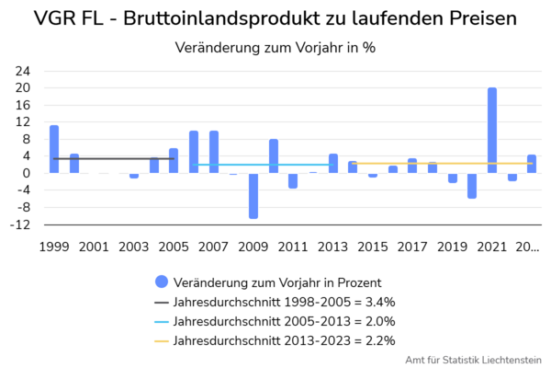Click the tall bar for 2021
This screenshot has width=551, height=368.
pos(492,130)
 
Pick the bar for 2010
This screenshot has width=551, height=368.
pos(274,156)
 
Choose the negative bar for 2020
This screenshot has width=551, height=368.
pos(472,185)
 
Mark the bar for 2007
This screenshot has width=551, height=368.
pos(214,152)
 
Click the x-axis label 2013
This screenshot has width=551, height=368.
pos(333,247)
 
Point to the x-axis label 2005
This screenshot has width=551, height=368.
pos(174,247)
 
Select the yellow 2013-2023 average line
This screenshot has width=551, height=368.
pos(441,164)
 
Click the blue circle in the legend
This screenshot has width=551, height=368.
pos(163,282)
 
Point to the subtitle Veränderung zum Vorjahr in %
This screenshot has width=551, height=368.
pos(275,47)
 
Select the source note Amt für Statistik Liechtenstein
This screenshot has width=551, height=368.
pos(473,360)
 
